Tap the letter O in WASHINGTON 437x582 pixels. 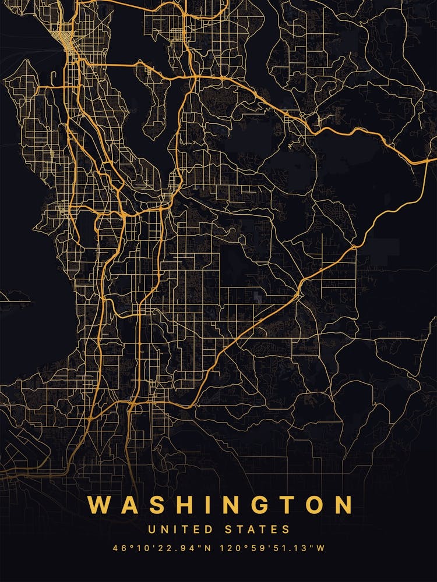click(307, 505)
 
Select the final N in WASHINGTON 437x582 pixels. click(340, 505)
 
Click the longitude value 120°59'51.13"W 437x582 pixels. click(269, 548)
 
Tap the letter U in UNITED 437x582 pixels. click(151, 530)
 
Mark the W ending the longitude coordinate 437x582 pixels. click(320, 548)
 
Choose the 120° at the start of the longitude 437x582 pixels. click(223, 548)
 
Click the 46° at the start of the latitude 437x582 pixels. click(121, 548)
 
